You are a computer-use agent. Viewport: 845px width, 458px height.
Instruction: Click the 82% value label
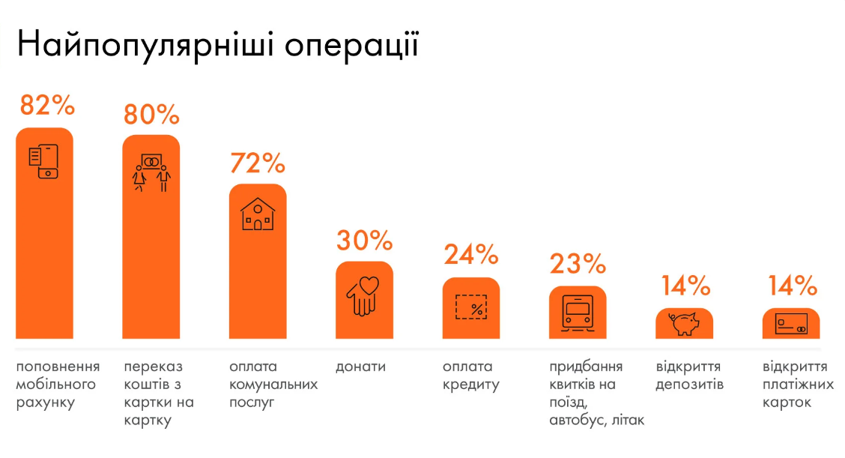coord(47,105)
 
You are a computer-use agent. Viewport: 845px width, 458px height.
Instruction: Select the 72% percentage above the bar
coord(258,163)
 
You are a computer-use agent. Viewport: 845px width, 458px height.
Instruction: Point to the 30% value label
coord(364,241)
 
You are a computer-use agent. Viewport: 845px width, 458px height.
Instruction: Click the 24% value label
coord(471,255)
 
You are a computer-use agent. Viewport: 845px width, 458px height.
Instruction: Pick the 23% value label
coord(578,263)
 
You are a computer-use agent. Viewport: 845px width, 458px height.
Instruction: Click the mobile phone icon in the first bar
coord(44,161)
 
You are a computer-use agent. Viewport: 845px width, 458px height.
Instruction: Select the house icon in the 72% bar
coord(258,214)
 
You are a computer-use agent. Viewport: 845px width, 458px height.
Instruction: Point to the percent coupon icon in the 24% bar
coord(471,307)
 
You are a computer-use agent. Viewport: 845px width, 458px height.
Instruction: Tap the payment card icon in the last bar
coord(791,324)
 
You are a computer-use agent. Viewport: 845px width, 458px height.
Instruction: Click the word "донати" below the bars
coord(361,367)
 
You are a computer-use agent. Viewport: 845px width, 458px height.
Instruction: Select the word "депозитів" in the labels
coord(690,385)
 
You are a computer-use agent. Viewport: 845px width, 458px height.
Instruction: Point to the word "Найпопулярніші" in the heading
coord(146,46)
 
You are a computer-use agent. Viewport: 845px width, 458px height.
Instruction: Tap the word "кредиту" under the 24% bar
coord(470,385)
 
